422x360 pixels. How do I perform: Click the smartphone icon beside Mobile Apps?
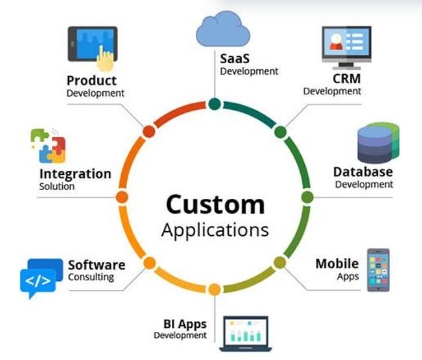378,270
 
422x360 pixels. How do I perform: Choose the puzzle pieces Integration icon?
48,146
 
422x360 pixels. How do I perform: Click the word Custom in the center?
215,205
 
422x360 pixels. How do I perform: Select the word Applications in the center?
215,230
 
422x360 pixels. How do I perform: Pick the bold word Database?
363,172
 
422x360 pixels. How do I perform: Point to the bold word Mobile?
337,263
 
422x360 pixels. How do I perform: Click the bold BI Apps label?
185,324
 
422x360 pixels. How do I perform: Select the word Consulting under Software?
91,277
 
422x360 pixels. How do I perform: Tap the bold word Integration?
75,174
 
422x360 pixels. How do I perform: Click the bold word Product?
91,81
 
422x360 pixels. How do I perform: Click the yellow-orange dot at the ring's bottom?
214,290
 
